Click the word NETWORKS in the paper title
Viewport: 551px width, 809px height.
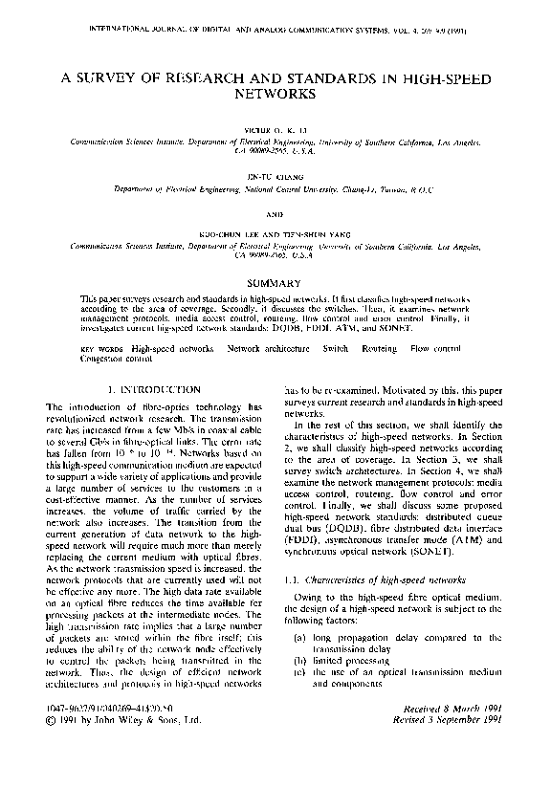pyautogui.click(x=275, y=96)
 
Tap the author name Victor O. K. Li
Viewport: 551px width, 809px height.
pyautogui.click(x=275, y=128)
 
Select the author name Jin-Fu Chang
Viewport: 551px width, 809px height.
pyautogui.click(x=275, y=175)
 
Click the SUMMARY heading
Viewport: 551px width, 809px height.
pyautogui.click(x=275, y=283)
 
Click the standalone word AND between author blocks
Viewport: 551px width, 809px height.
pyautogui.click(x=275, y=213)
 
